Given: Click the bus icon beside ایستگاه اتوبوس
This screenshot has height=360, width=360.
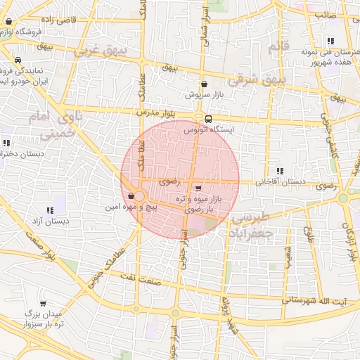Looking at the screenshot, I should point(208,118).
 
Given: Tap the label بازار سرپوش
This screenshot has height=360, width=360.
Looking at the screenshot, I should point(203,94).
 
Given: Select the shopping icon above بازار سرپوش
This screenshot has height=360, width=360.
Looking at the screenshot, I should point(203,84).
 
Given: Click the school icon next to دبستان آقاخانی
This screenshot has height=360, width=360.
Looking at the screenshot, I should point(280,171).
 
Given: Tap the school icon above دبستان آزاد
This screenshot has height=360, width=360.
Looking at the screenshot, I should point(49,210).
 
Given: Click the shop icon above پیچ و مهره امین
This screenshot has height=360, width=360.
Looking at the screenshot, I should point(131,195).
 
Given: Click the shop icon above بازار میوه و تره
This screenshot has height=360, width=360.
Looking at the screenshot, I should point(198,188).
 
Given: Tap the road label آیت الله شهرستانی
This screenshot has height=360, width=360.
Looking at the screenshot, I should point(315,302).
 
